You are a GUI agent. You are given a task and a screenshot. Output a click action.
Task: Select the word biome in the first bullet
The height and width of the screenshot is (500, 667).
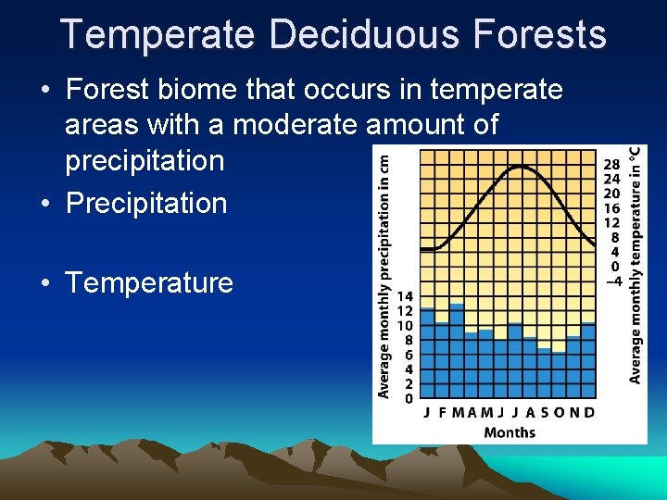pyautogui.click(x=203, y=90)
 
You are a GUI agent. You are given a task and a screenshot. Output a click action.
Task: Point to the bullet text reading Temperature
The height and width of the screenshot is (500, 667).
pyautogui.click(x=149, y=282)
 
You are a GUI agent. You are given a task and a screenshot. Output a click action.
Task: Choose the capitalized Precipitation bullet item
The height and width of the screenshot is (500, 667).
pyautogui.click(x=146, y=203)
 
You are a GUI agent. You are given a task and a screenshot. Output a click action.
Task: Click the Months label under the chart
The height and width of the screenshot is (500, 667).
pyautogui.click(x=510, y=431)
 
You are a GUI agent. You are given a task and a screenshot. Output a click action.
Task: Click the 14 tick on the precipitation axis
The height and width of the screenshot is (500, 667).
pyautogui.click(x=405, y=296)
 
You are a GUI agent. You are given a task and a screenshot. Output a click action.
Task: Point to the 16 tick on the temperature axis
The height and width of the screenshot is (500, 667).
pyautogui.click(x=612, y=207)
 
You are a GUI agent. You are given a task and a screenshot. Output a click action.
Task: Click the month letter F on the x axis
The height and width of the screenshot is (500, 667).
pyautogui.click(x=442, y=412)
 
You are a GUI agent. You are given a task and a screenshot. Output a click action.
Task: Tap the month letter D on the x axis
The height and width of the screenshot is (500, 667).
pyautogui.click(x=589, y=412)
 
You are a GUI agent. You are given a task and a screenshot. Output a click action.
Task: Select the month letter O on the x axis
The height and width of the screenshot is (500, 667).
pyautogui.click(x=560, y=412)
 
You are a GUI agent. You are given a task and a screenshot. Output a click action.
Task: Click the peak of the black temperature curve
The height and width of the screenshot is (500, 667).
pyautogui.click(x=522, y=167)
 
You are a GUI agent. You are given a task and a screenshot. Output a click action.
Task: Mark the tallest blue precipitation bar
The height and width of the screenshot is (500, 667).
pyautogui.click(x=457, y=352)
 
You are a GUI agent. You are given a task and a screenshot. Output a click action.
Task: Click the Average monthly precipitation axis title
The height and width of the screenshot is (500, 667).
pyautogui.click(x=384, y=276)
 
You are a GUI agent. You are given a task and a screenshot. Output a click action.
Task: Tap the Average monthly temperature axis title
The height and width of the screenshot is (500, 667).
pyautogui.click(x=636, y=264)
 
